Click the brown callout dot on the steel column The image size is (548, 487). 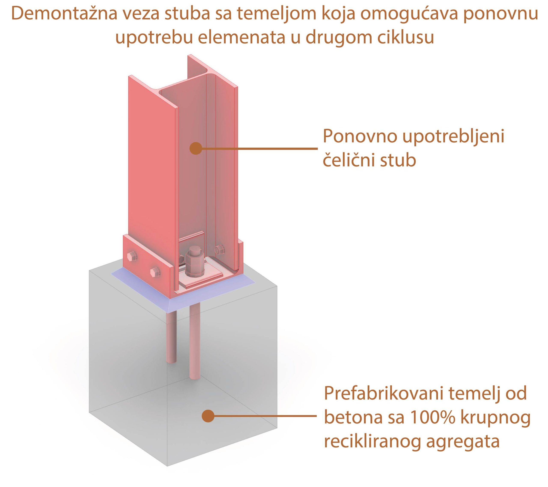(x=196, y=148)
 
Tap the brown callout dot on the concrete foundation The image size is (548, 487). (x=208, y=416)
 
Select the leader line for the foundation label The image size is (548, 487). (x=266, y=416)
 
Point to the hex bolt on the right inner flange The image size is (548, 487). (x=219, y=249)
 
